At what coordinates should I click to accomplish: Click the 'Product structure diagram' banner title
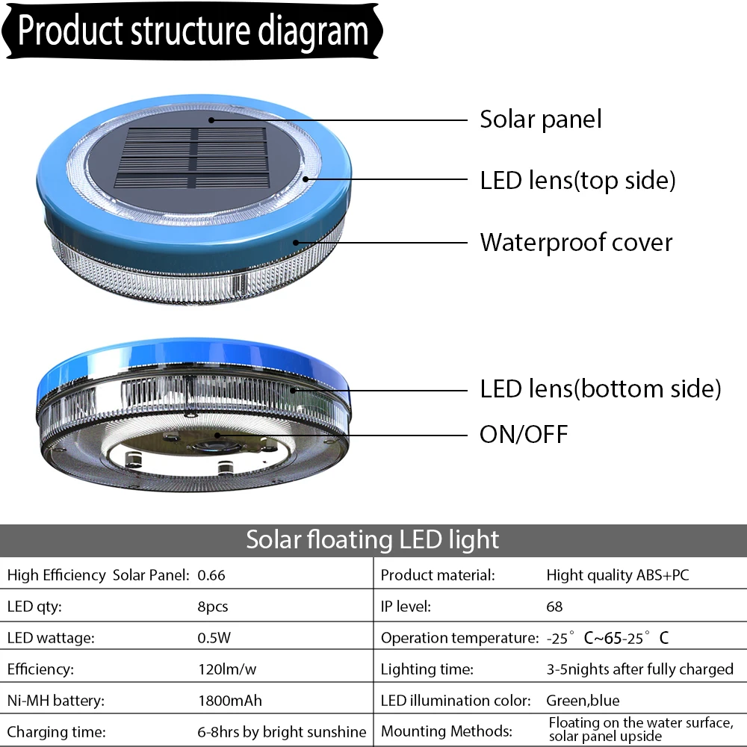coord(193,31)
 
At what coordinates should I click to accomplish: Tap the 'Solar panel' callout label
coord(540,119)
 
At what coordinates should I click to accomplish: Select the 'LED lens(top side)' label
coord(577,180)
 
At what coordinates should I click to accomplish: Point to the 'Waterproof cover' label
coord(576,242)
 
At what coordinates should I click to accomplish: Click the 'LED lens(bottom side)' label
coord(601,388)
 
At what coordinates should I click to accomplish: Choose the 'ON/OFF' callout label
coord(524,433)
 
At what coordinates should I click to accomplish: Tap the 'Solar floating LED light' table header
coord(373,539)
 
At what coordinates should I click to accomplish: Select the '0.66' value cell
coord(211,575)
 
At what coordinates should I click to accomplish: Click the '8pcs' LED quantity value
coord(213,607)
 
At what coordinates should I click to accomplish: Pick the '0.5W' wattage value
coord(214,638)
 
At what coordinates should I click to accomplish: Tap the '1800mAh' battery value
coord(229,701)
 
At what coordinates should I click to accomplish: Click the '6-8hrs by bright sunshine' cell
coord(282,732)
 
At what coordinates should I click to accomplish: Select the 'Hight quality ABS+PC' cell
coord(618,575)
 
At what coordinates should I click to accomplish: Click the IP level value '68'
coord(554,607)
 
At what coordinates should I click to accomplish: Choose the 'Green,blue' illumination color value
coord(583,701)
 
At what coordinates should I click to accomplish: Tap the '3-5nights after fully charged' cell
coord(640,669)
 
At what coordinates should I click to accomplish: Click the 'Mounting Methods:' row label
coord(446,731)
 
